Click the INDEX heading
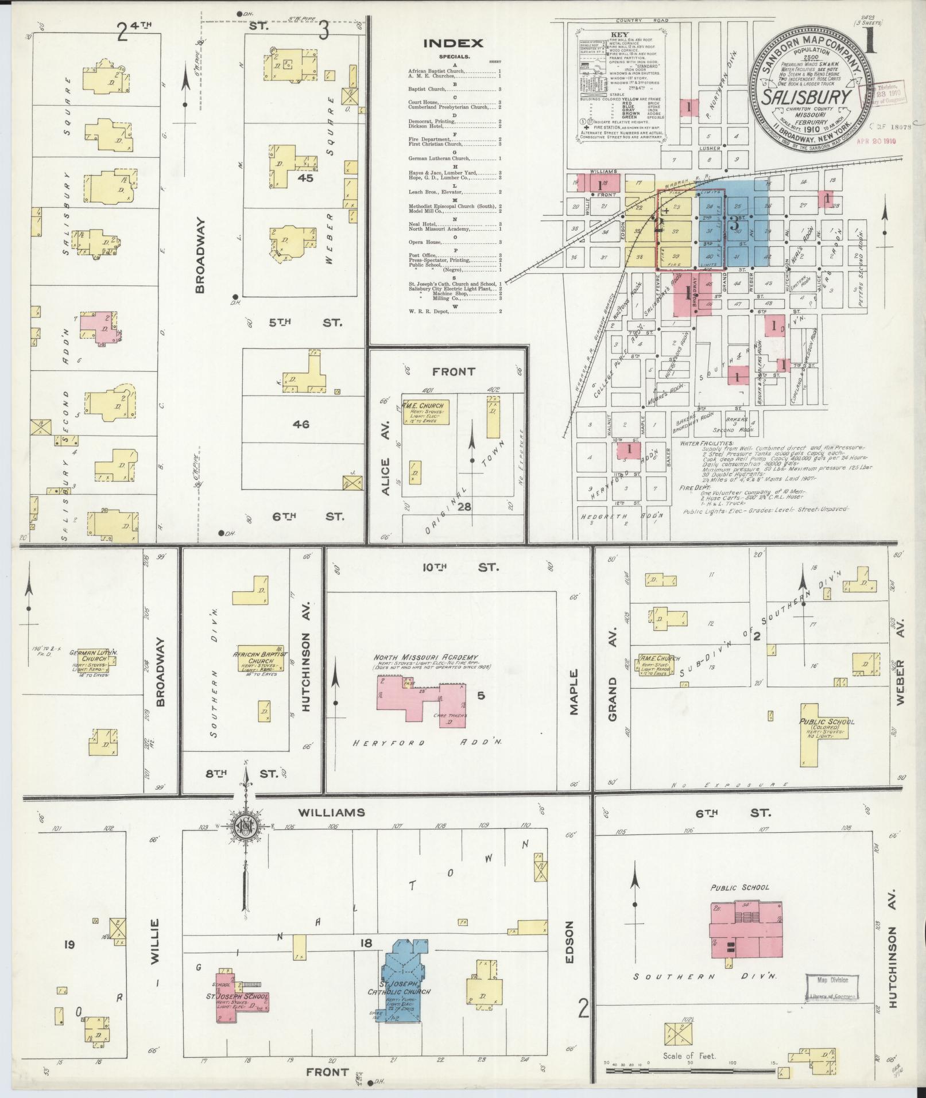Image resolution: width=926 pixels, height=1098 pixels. click(453, 43)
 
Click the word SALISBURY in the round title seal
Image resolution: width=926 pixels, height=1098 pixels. click(806, 96)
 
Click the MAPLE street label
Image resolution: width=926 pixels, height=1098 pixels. click(574, 692)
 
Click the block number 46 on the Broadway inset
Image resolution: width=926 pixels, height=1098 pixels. click(301, 425)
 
